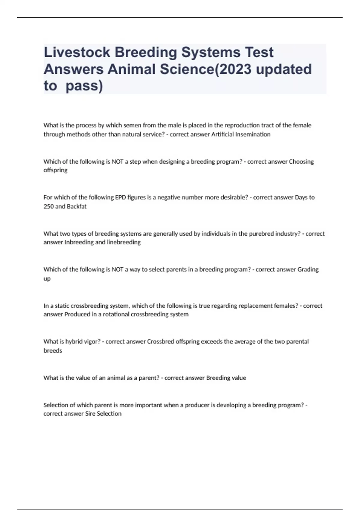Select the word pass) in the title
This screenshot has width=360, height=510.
[84, 86]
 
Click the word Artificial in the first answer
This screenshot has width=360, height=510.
[222, 134]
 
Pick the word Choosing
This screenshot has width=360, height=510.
[301, 161]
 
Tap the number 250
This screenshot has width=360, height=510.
[48, 206]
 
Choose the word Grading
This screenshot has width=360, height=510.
[308, 269]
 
